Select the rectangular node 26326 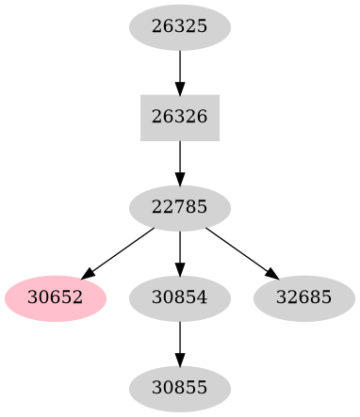tap(179, 118)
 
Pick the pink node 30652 tap(56, 298)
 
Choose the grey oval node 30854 tap(179, 298)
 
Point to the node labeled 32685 tap(303, 298)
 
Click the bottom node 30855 tap(179, 388)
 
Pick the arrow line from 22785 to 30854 tap(179, 249)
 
